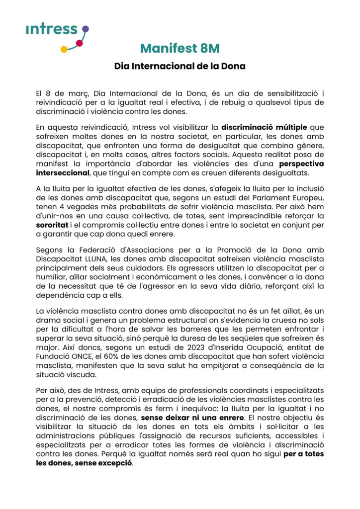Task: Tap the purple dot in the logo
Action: (x=85, y=29)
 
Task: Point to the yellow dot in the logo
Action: (x=64, y=50)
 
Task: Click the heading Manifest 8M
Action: (x=180, y=49)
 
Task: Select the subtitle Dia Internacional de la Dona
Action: (x=180, y=66)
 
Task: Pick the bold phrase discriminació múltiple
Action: (x=264, y=127)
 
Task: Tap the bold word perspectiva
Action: (x=301, y=163)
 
